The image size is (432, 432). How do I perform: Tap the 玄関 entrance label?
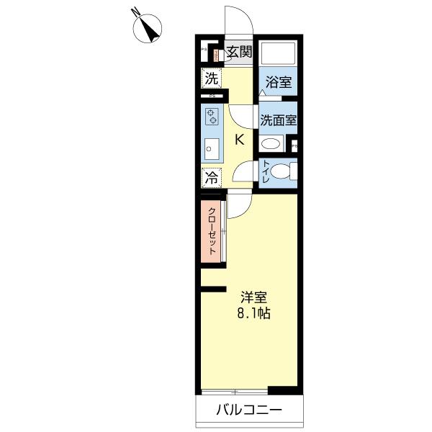tap(238, 51)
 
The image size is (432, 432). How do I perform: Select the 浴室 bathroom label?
tap(277, 82)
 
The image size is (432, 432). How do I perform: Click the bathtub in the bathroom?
tap(278, 53)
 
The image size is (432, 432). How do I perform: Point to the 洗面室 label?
tap(278, 120)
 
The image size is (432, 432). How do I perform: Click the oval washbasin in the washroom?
tap(271, 143)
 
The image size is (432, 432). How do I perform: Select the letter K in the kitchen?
tap(240, 140)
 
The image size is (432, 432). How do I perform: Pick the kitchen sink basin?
tap(211, 149)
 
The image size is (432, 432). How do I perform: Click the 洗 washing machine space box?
tap(212, 77)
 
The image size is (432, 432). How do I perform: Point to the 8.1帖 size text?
tap(254, 314)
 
